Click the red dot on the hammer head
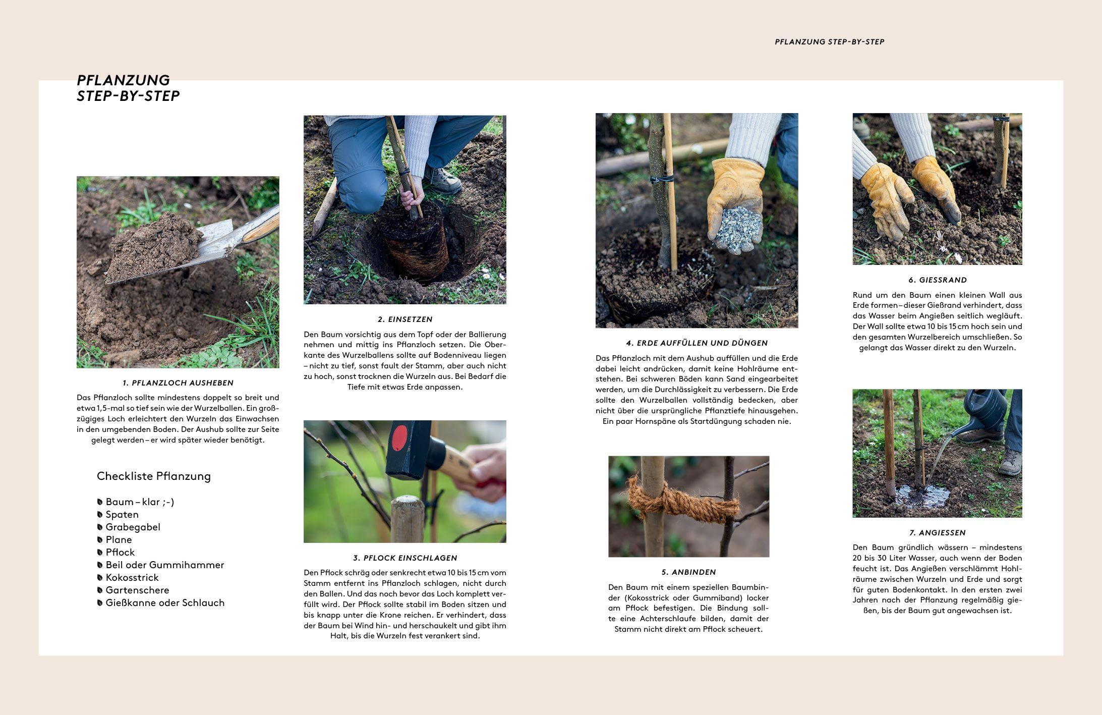[399, 438]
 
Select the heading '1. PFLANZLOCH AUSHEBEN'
[178, 383]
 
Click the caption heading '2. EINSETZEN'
[405, 319]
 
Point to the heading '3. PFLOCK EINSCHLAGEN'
[405, 558]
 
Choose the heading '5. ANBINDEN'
[688, 572]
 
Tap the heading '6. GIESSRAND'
[938, 280]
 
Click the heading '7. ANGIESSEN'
[937, 533]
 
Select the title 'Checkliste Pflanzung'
[154, 476]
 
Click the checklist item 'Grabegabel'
[133, 527]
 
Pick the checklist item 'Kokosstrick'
[132, 578]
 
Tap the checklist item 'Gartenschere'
[137, 590]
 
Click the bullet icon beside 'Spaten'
[100, 515]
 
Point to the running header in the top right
[829, 42]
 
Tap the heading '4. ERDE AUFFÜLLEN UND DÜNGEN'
[697, 343]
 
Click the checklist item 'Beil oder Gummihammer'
[165, 565]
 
